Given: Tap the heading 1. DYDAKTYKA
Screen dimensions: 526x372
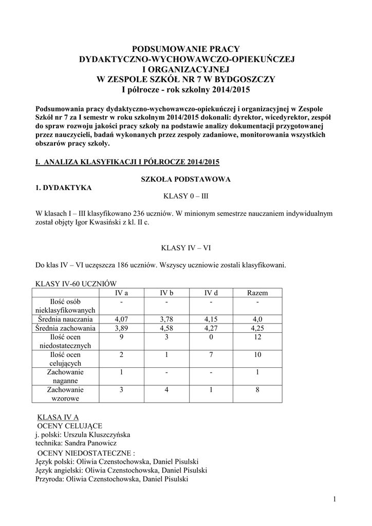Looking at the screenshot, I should coord(63,187).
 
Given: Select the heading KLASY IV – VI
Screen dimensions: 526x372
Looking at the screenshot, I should coord(186,248).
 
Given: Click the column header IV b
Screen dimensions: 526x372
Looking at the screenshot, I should coord(166,292).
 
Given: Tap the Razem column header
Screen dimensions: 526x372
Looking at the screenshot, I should coord(257,292).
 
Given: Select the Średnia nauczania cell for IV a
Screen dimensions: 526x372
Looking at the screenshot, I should coord(121,319).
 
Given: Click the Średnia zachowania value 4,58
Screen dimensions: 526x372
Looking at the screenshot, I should coord(166,328).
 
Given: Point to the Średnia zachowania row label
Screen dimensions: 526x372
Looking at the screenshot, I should coord(66,328).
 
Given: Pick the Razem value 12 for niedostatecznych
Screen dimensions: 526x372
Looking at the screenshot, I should coord(257,337).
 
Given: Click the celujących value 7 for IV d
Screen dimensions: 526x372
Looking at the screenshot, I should coord(211,355).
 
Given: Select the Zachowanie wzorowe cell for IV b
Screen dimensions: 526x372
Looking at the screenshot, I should coord(166,390).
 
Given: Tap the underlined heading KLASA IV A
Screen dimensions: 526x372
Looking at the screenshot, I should coord(59,417).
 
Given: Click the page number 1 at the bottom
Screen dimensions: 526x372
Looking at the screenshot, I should coord(334,499).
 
